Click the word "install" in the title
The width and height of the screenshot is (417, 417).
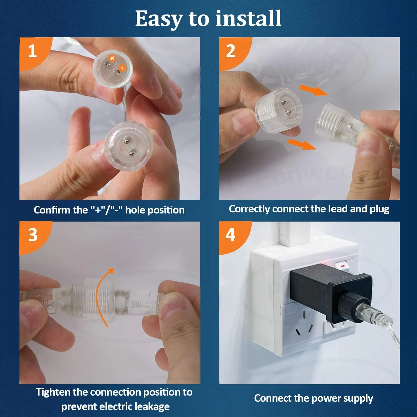click(x=249, y=18)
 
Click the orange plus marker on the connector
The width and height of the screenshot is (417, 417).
click(x=112, y=58)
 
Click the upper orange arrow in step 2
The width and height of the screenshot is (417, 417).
click(x=314, y=90)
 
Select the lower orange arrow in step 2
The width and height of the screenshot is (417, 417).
click(x=302, y=144)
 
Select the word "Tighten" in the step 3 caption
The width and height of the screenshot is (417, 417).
click(x=53, y=392)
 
